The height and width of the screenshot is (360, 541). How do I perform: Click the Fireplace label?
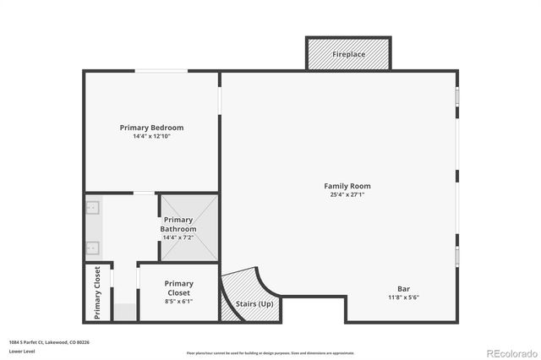(347, 54)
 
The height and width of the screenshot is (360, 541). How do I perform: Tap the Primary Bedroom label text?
(151, 128)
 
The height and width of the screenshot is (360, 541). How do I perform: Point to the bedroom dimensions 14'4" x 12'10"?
(151, 136)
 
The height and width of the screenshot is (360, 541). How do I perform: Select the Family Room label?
(347, 186)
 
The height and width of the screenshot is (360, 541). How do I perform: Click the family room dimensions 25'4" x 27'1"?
(347, 194)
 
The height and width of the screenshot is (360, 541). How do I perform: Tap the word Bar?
(404, 288)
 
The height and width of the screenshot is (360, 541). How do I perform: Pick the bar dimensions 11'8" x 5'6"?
(404, 297)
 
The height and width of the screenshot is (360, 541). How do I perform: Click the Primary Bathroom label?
(178, 224)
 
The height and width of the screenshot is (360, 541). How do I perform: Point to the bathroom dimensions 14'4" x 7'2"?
(178, 237)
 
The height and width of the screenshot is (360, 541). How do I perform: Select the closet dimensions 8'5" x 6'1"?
(178, 301)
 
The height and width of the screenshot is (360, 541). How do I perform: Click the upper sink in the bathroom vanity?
(93, 207)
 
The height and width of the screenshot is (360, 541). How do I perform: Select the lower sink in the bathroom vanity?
(93, 248)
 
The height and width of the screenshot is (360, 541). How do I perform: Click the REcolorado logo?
(511, 352)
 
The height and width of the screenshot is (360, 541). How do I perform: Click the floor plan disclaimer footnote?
(270, 353)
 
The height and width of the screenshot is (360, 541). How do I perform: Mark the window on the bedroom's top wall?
(162, 71)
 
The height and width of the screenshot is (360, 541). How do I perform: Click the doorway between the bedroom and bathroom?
(145, 194)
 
